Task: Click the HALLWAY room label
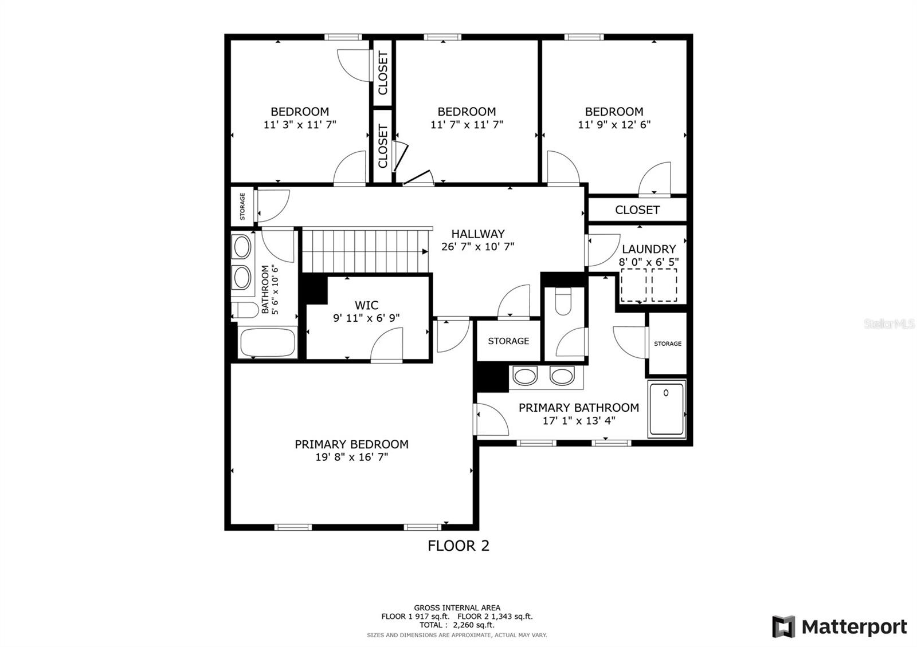click(x=478, y=234)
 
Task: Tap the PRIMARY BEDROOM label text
click(x=352, y=444)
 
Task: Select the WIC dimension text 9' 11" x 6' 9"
click(x=366, y=318)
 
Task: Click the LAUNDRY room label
click(x=648, y=249)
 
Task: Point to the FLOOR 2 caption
click(x=458, y=546)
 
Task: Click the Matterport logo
click(x=840, y=626)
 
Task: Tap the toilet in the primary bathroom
click(x=563, y=301)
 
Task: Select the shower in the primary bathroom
click(x=667, y=409)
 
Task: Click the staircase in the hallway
click(x=366, y=250)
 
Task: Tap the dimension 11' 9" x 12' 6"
click(x=614, y=124)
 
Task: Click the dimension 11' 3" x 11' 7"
click(x=300, y=124)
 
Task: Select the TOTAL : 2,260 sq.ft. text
click(x=457, y=625)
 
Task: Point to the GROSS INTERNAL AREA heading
click(x=457, y=607)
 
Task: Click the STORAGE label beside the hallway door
click(x=508, y=341)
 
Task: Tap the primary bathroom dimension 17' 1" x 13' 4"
click(x=579, y=420)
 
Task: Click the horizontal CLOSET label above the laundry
click(x=637, y=210)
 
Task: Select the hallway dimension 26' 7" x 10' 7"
click(x=478, y=247)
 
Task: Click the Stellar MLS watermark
click(x=889, y=324)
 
